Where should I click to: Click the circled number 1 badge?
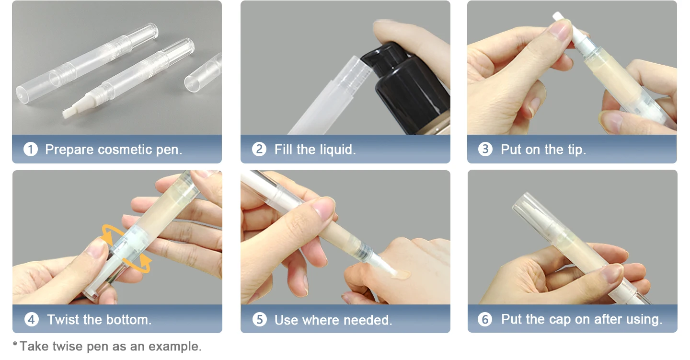(31, 150)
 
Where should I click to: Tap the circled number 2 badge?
(259, 149)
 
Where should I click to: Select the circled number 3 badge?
(485, 149)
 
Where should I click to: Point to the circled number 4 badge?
(32, 319)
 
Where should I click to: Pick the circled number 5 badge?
(260, 319)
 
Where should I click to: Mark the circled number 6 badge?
(485, 319)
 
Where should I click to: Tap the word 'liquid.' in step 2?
(338, 150)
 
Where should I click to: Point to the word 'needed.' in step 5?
(368, 320)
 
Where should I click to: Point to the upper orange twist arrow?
(113, 232)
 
